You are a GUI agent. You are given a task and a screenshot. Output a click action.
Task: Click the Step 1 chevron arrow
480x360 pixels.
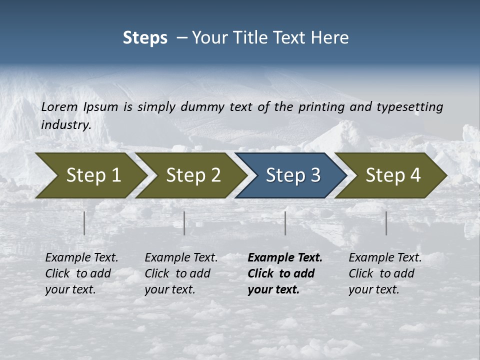pos(90,175)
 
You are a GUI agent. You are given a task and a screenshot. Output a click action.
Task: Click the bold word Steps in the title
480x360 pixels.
pos(145,38)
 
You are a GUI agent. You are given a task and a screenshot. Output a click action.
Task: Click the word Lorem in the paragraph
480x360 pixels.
pos(59,106)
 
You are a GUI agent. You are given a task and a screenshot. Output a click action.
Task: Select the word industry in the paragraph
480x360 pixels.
pos(65,124)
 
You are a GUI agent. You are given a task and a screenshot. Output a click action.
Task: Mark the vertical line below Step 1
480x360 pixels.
pos(84,223)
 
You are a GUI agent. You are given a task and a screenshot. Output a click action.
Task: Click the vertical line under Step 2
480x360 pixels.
pos(184,223)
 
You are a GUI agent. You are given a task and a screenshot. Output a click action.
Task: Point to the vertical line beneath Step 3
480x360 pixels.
pos(285,223)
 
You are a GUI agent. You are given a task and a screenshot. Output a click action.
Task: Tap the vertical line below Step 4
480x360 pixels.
pos(386,223)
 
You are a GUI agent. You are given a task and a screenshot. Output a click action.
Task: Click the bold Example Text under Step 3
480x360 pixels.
pos(285,257)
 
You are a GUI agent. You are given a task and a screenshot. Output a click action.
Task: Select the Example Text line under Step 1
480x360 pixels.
pos(81,257)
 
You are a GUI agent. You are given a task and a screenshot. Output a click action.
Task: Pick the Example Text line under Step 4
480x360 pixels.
pos(385,257)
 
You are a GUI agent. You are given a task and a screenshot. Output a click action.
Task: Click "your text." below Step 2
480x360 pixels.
pos(170,289)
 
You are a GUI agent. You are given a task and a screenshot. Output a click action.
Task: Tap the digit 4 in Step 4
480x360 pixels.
pos(414,175)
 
